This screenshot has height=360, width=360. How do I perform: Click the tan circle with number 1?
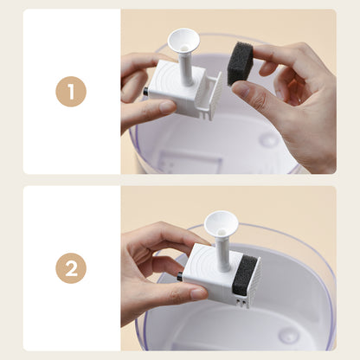[71, 92]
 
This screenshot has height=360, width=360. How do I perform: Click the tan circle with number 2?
[71, 268]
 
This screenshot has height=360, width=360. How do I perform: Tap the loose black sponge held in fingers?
[240, 63]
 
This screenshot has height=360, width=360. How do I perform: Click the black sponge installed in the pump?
[245, 274]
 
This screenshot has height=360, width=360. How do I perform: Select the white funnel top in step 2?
[222, 222]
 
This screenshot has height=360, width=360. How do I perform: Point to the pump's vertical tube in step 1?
[185, 67]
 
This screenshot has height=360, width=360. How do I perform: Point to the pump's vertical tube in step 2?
[222, 252]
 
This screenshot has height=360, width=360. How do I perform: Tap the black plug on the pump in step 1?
[145, 92]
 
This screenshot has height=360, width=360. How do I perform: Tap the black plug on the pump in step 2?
[180, 277]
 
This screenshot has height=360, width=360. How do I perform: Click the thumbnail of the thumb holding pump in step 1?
[167, 106]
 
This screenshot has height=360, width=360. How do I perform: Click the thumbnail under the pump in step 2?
[198, 294]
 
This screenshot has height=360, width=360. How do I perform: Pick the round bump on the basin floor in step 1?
[269, 139]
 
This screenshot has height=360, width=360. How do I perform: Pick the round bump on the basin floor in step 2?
[288, 335]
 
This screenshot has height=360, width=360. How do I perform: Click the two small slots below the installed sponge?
[241, 301]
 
